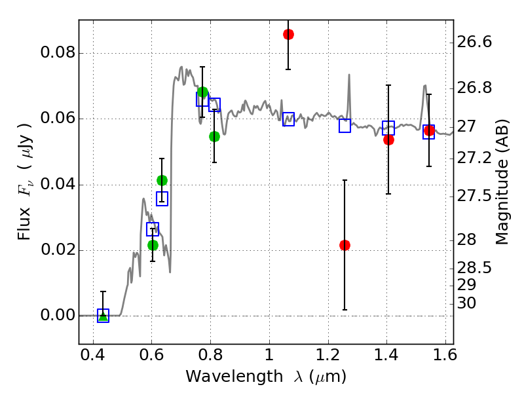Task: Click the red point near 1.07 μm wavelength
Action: (288, 34)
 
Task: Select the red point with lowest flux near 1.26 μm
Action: (345, 245)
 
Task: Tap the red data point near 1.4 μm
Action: (388, 140)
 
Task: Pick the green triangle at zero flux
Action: (103, 316)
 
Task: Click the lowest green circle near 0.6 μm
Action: (153, 245)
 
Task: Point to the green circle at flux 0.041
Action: (162, 180)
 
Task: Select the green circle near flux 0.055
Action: (214, 136)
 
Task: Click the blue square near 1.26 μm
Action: (345, 126)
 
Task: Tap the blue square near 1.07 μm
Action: (288, 119)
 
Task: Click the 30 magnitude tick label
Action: (467, 303)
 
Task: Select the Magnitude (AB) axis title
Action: (502, 183)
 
